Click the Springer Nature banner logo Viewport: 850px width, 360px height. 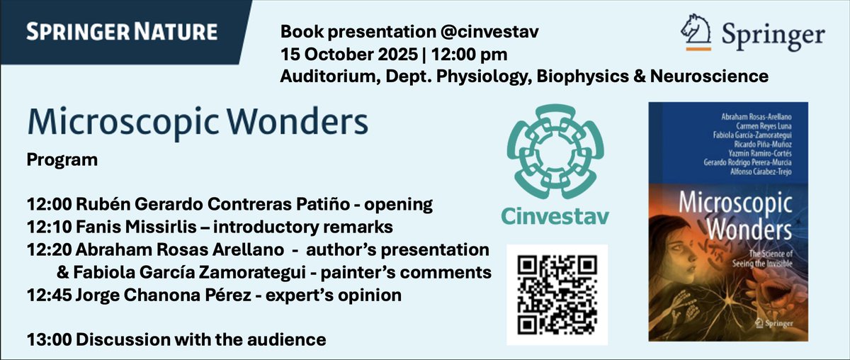[121, 32]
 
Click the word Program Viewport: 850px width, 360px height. [62, 160]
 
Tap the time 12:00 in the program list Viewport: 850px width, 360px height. [47, 206]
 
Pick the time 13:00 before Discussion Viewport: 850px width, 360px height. [47, 339]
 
